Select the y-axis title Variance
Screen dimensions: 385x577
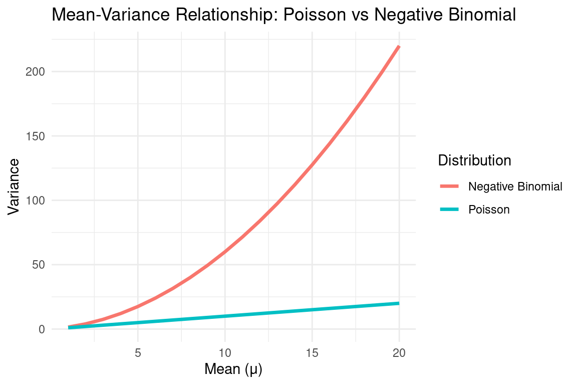pyautogui.click(x=14, y=186)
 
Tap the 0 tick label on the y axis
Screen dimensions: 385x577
pyautogui.click(x=42, y=329)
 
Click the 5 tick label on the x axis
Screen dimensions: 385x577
pyautogui.click(x=138, y=352)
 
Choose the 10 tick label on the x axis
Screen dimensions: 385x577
pyautogui.click(x=225, y=352)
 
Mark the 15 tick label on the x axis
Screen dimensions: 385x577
pyautogui.click(x=312, y=352)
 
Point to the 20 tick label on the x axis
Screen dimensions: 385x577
pyautogui.click(x=399, y=352)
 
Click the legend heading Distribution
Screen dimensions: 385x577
pyautogui.click(x=474, y=160)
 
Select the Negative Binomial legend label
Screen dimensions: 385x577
pyautogui.click(x=515, y=186)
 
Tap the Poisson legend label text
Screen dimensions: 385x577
pyautogui.click(x=489, y=210)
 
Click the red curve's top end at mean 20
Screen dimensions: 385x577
pyautogui.click(x=399, y=47)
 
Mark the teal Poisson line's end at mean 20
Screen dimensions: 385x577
pyautogui.click(x=399, y=303)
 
